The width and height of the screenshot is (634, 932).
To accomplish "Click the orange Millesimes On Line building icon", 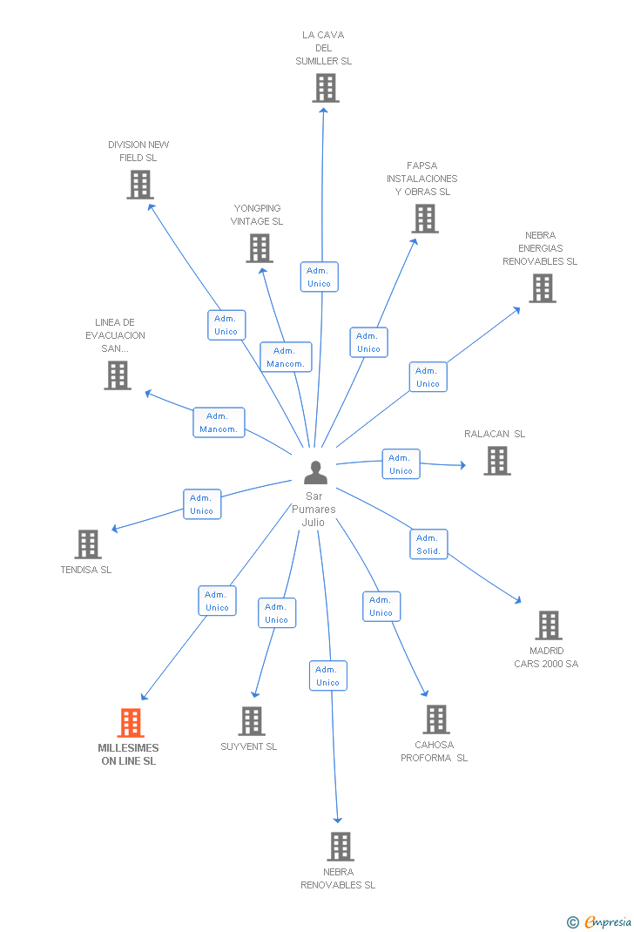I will click(130, 722).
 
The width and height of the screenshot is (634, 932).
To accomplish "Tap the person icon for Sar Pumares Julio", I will click(315, 472).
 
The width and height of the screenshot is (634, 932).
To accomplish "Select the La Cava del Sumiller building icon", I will click(325, 88).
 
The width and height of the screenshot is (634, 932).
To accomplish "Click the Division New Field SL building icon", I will click(139, 185).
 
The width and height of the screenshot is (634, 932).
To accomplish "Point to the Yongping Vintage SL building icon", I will click(259, 248).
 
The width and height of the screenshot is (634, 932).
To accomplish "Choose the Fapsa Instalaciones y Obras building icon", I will click(424, 219).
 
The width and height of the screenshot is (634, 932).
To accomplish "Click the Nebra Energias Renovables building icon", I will click(542, 288).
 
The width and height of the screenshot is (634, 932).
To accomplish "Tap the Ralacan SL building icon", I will click(496, 461).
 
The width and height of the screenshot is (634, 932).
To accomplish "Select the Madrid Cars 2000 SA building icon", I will click(548, 625).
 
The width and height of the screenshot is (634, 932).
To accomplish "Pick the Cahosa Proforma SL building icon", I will click(436, 719).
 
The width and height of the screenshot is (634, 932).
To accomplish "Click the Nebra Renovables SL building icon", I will click(340, 846).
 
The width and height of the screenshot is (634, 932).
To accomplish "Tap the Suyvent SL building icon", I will click(252, 721).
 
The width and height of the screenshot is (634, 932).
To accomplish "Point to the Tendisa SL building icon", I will click(87, 544).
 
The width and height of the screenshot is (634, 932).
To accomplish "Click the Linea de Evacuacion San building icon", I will click(117, 375).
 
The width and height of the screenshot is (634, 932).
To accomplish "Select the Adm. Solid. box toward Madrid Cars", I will click(428, 544).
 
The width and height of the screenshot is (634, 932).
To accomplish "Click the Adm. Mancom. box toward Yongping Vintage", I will click(286, 357).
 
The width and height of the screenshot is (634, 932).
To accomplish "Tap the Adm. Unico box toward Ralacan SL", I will click(401, 464).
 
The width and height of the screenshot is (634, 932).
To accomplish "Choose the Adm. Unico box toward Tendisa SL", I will click(202, 504).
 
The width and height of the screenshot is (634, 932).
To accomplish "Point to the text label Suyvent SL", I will click(249, 746).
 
